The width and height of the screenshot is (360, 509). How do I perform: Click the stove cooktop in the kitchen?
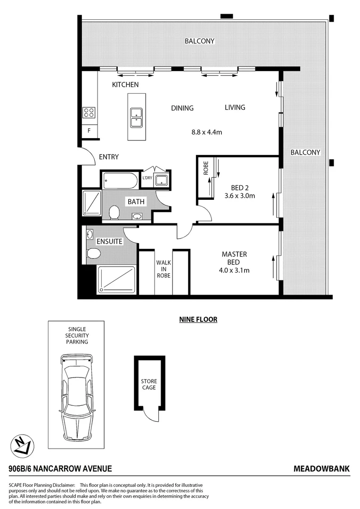click(x=89, y=112)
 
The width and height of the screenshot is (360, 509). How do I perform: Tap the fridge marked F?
click(x=89, y=131)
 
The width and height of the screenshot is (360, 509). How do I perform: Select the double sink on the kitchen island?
click(x=136, y=117)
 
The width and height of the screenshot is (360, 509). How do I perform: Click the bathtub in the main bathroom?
click(x=120, y=180)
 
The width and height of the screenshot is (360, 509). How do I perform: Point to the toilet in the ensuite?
click(x=94, y=254)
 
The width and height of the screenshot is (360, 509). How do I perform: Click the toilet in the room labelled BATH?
click(x=114, y=213)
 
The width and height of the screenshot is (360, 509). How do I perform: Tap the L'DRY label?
click(x=147, y=178)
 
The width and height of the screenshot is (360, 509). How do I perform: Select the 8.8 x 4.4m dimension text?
click(x=206, y=132)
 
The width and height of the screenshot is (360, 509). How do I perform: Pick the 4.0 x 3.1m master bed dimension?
click(x=234, y=271)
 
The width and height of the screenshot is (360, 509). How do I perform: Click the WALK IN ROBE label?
click(x=164, y=269)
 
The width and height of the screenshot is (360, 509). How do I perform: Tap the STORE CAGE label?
click(x=148, y=384)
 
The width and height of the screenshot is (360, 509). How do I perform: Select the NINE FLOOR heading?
click(x=198, y=320)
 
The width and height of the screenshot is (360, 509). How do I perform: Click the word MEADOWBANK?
click(x=321, y=469)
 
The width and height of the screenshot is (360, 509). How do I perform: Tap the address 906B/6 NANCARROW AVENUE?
click(x=60, y=469)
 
